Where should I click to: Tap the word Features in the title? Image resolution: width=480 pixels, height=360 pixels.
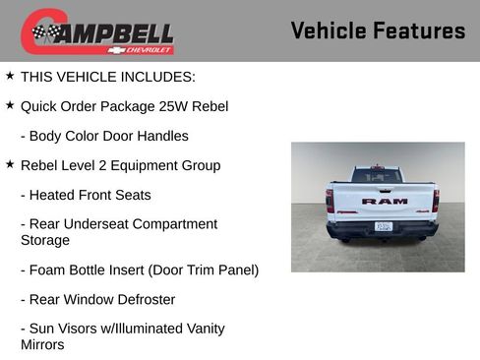419,30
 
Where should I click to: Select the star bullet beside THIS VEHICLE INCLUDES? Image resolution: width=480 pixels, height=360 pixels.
10,75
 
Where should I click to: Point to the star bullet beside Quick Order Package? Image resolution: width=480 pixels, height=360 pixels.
10,104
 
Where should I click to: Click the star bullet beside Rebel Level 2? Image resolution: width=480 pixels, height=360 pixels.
10,163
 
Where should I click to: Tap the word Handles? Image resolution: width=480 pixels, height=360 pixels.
162,136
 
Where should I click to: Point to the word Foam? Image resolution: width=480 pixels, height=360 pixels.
48,270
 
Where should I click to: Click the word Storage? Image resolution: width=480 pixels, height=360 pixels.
45,240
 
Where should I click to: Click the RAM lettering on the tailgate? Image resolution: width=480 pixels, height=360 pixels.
384,201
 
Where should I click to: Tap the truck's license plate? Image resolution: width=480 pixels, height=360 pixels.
384,225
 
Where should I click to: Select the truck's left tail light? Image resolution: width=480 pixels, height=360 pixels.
330,201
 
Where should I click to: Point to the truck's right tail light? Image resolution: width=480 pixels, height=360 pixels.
436,201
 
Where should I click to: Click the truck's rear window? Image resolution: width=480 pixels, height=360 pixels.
379,176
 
